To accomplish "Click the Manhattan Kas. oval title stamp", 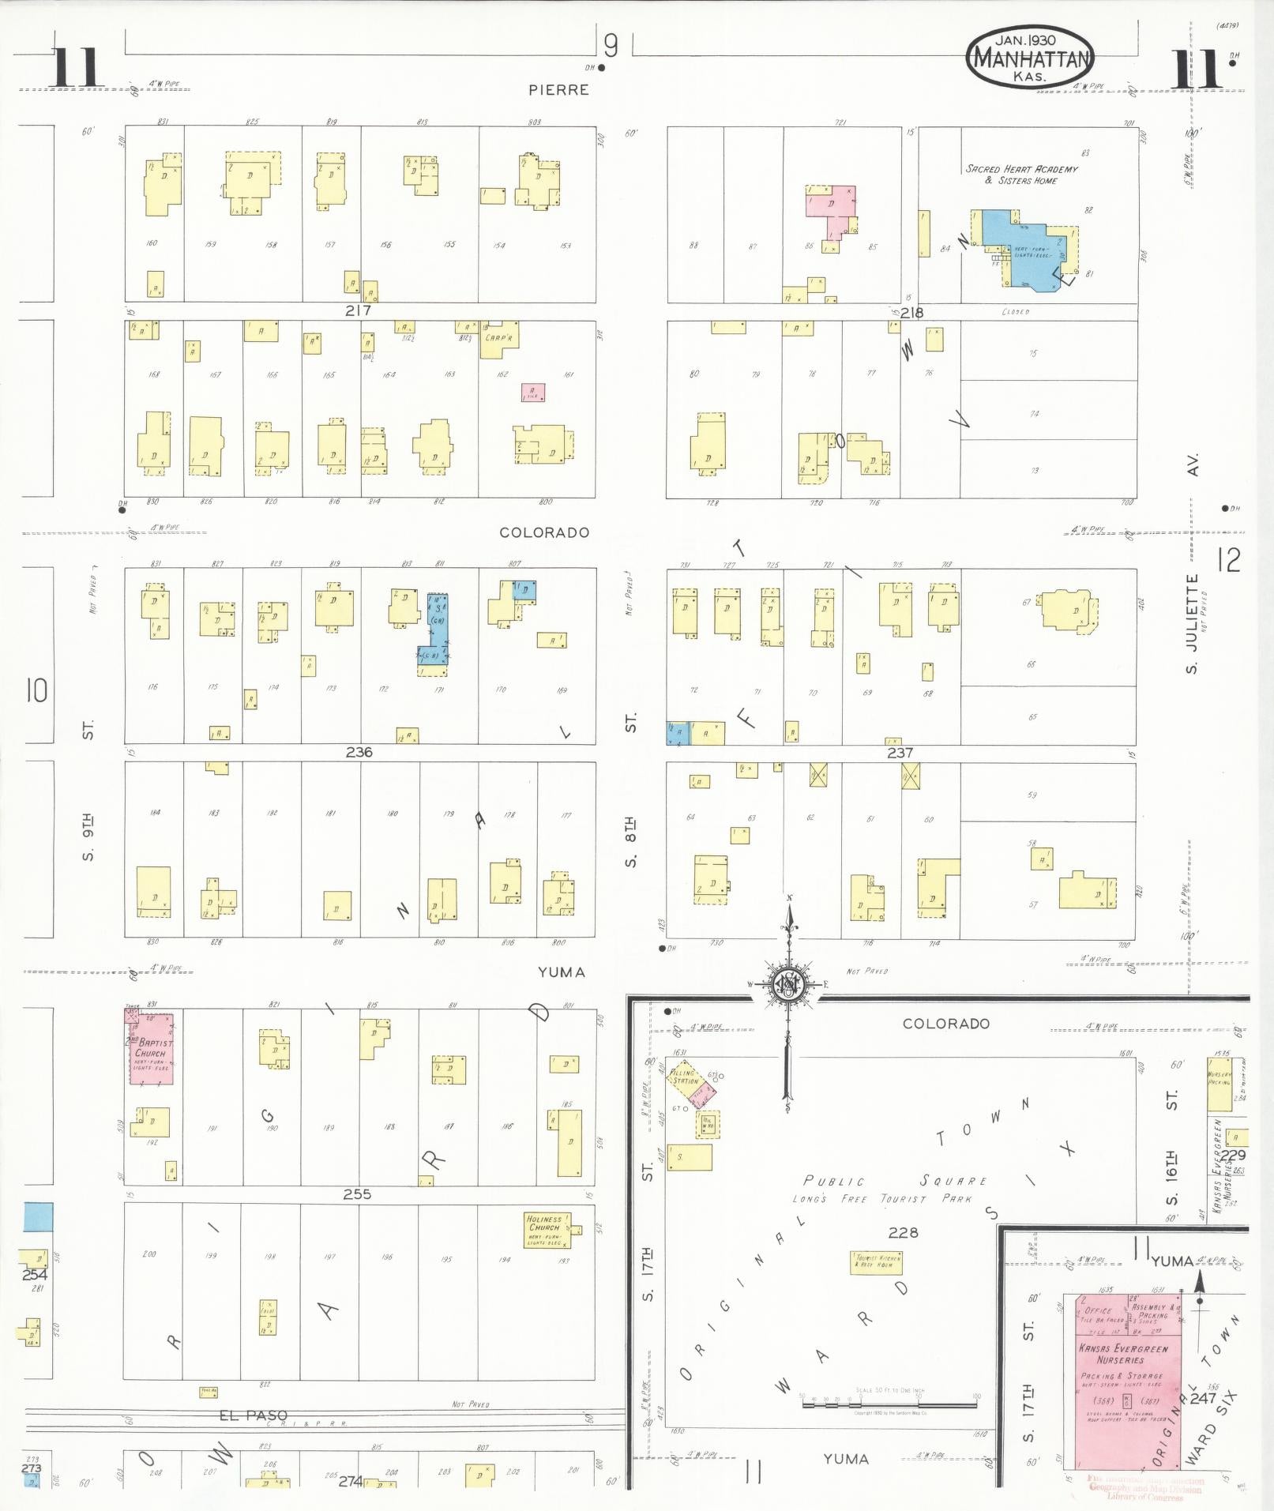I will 1030,58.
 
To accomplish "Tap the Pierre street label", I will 559,90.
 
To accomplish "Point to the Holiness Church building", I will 547,1231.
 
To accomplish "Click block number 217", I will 358,310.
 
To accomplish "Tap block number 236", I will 359,752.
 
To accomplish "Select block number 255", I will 357,1194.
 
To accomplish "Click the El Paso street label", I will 253,1416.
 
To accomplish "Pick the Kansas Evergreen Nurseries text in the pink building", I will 1122,1354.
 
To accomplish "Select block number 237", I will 900,753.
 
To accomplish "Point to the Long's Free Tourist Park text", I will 870,1199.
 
